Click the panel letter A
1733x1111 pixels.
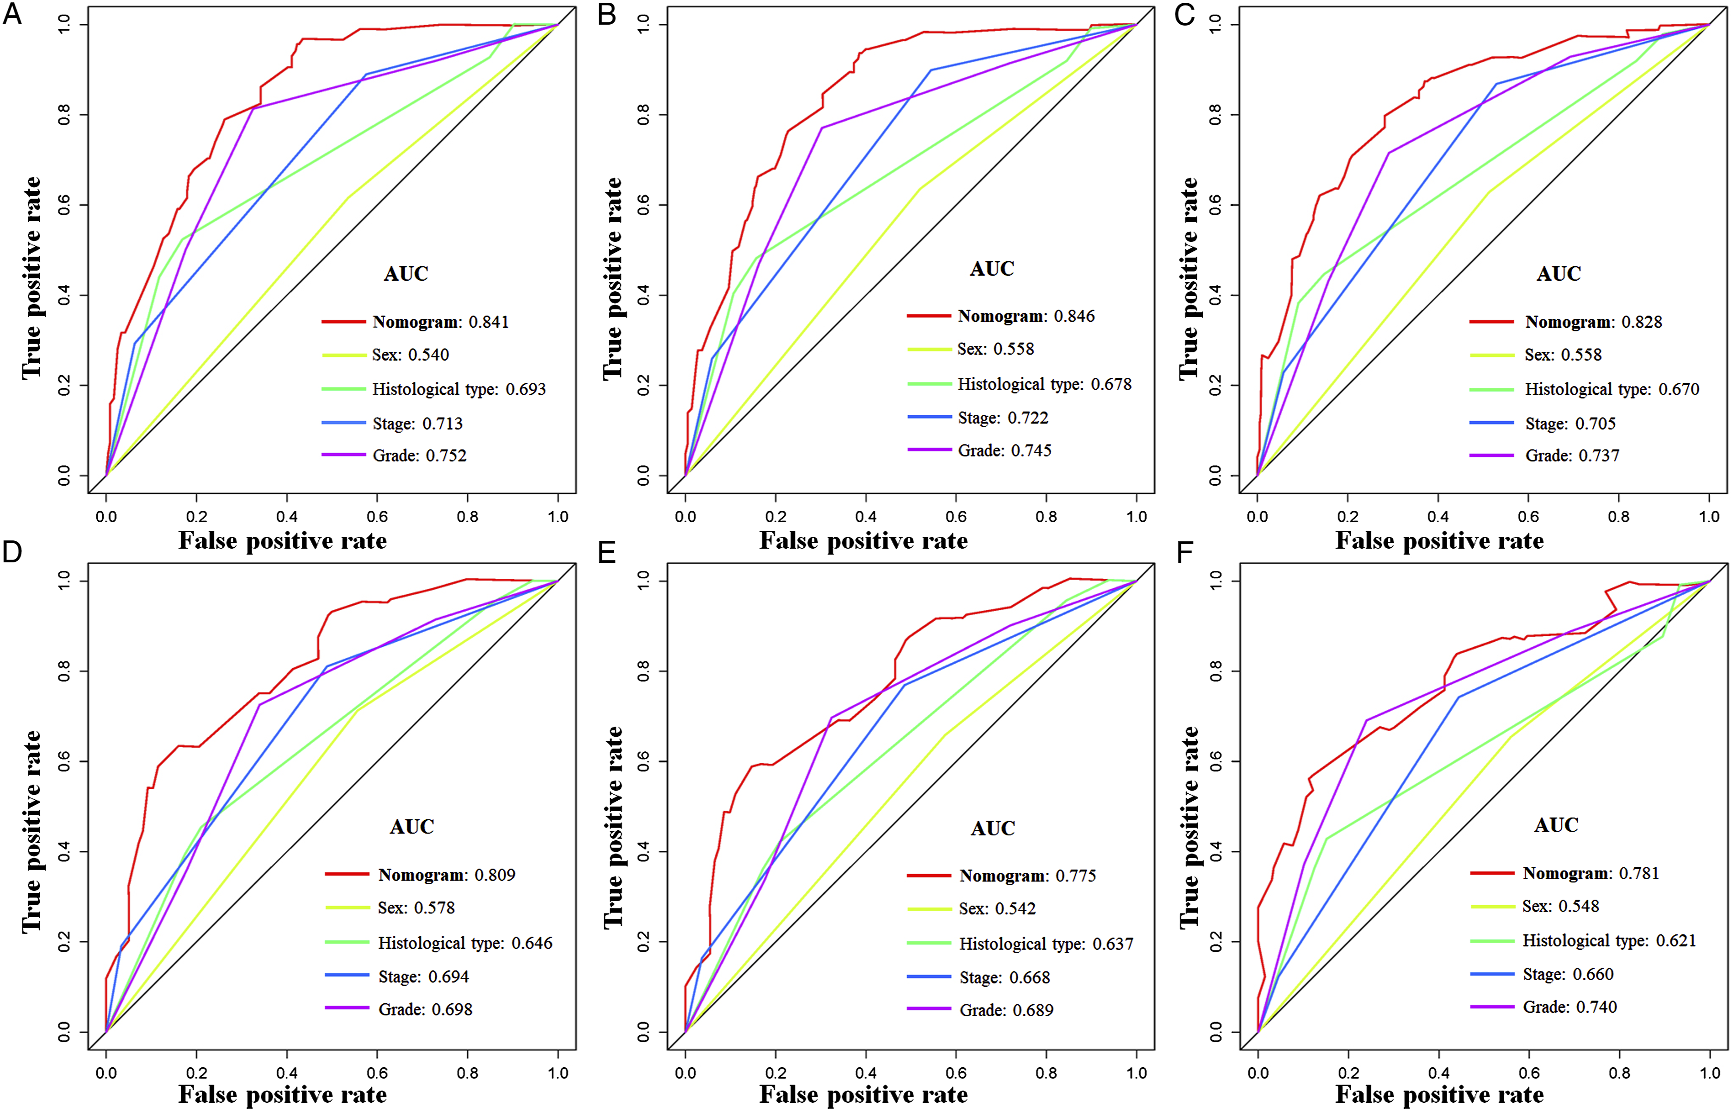[12, 15]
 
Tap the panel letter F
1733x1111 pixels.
[1185, 553]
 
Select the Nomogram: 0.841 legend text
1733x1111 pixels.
[440, 322]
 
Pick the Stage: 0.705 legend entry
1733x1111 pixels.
[1570, 424]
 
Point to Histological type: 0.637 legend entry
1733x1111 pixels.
[1046, 943]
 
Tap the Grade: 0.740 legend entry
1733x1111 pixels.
[1569, 1006]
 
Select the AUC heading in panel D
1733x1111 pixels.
[411, 826]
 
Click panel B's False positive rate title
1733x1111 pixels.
[863, 540]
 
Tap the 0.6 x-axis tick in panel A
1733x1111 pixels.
[377, 517]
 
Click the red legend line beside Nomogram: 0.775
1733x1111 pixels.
[929, 875]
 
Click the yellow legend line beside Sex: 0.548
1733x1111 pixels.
[1492, 906]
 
